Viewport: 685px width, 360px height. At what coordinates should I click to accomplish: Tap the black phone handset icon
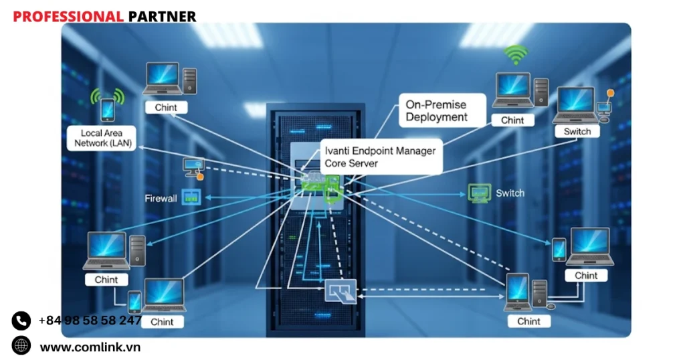pos(21,321)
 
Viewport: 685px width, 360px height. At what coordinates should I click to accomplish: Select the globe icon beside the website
pos(21,346)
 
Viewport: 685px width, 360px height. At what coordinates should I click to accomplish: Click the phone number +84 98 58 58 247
pos(90,321)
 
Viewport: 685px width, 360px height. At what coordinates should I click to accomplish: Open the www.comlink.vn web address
pos(90,347)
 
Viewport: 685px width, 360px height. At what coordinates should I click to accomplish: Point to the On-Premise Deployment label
pos(436,111)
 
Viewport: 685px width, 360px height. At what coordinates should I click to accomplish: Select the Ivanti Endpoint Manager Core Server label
pos(379,157)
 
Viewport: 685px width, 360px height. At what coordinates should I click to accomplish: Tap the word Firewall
pos(161,199)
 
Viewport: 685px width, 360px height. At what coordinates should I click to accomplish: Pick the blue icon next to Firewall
pos(191,198)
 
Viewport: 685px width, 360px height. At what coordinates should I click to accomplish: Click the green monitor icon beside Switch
pos(479,193)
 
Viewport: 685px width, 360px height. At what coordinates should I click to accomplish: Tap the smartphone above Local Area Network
pos(107,109)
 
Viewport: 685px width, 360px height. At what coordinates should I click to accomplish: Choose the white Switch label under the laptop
pos(577,132)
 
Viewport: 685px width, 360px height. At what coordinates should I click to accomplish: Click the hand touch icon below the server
pos(340,292)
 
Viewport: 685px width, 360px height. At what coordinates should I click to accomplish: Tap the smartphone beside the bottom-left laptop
pos(134,302)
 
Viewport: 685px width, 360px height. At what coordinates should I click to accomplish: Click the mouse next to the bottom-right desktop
pos(551,306)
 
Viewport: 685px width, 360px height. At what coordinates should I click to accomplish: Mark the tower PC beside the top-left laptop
pos(189,81)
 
